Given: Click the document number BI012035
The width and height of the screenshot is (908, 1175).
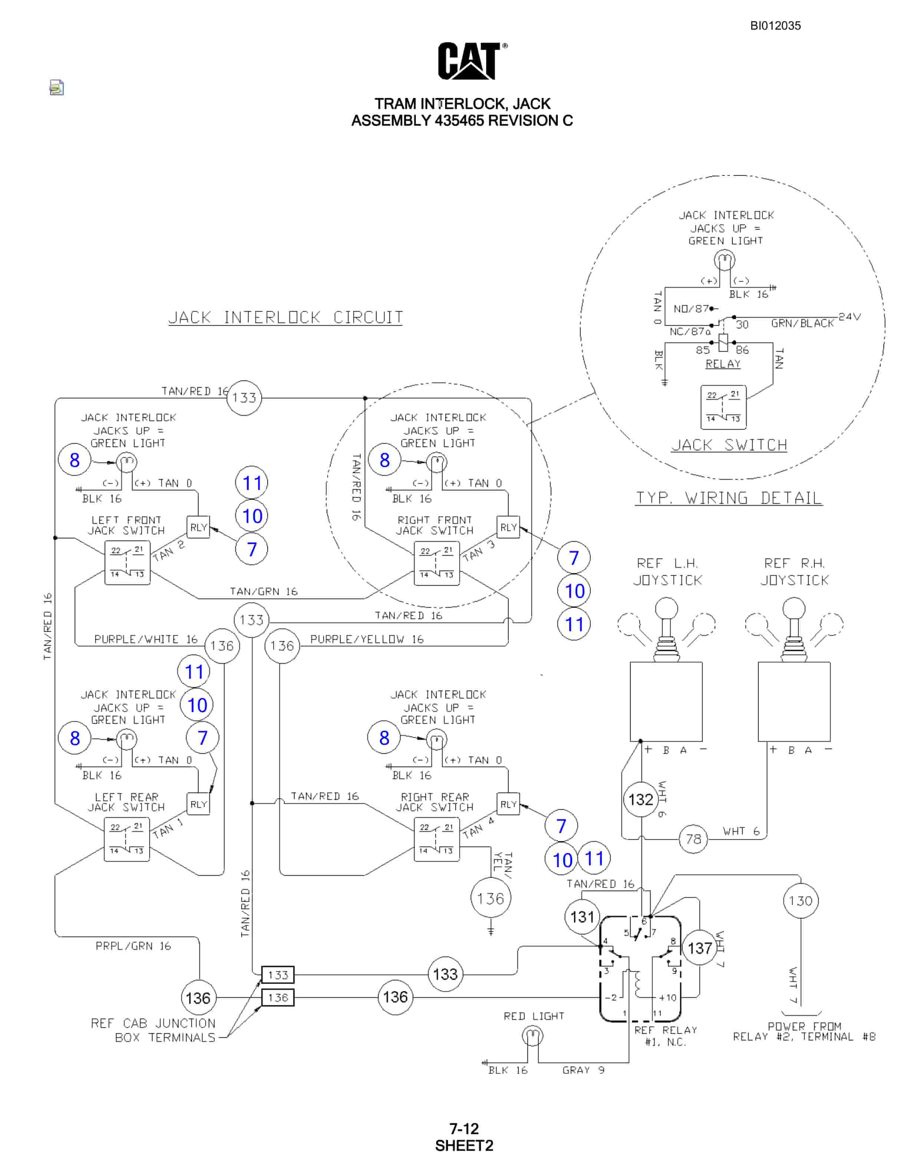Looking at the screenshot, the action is (x=775, y=26).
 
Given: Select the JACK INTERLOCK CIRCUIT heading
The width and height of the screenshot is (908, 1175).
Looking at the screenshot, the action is (x=286, y=317).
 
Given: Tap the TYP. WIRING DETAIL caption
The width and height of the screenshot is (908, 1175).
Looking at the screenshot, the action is (x=729, y=498).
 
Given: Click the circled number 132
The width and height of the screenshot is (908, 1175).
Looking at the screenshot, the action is (x=641, y=800).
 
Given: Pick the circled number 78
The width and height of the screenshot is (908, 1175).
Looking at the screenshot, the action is (x=693, y=839).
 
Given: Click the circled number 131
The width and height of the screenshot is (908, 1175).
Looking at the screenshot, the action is (x=582, y=917).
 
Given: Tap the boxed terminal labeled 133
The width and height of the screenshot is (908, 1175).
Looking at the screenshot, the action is (x=277, y=975).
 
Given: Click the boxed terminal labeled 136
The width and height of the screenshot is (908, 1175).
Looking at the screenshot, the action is (x=277, y=997).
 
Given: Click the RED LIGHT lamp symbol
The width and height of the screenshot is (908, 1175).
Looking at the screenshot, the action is (x=533, y=1036).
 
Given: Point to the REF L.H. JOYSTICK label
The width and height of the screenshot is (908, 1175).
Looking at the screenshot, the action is (x=668, y=572).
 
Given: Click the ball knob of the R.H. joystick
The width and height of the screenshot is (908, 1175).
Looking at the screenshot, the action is (x=793, y=609).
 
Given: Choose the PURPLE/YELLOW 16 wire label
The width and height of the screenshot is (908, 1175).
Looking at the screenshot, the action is (x=367, y=639).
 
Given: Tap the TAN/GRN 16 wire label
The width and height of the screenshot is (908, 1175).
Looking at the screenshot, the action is (x=264, y=591).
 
